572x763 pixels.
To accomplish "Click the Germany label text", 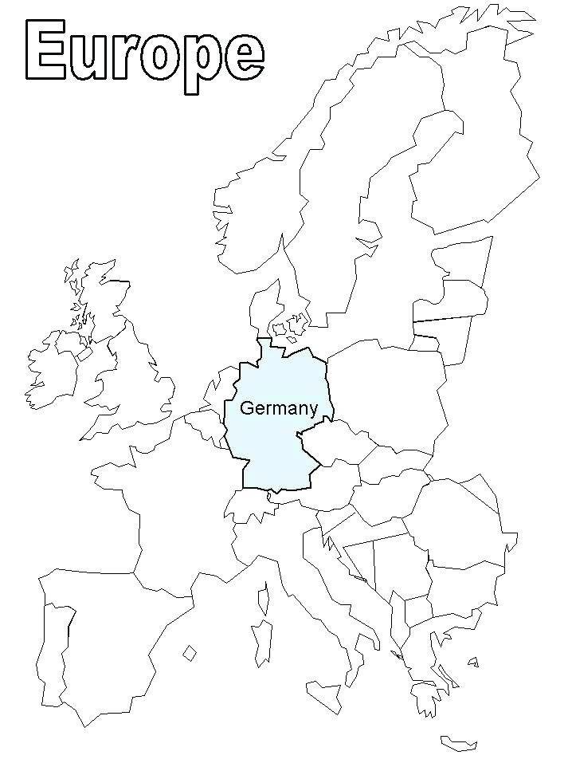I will click(x=279, y=408).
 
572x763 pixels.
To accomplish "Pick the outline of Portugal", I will click(x=54, y=646).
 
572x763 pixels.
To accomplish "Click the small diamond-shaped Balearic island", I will click(x=190, y=653).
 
